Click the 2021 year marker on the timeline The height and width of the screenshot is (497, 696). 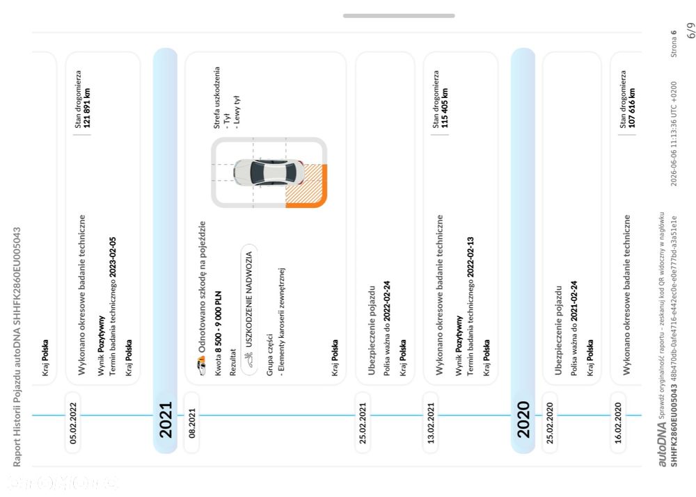pos(166,420)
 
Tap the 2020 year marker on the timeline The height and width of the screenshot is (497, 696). pos(523,420)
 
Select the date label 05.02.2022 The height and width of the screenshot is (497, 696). pos(73,423)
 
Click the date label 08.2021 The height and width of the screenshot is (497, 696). pos(192,423)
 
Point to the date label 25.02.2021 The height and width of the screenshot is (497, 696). pos(363,423)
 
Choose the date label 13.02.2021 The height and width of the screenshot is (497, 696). pos(431,423)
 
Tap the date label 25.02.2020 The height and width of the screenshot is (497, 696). pos(550,423)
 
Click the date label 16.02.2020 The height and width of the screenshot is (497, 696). pos(618,423)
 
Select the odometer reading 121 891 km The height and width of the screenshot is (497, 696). pos(87,108)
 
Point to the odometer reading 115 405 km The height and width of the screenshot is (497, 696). pos(445,108)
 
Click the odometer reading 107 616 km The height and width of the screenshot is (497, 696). pos(632,108)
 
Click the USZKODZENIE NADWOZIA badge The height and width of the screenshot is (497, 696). pos(249,310)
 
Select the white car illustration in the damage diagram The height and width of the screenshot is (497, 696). pos(269,172)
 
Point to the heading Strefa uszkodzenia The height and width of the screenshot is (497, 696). pos(216,97)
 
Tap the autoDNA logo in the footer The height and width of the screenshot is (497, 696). pos(662,444)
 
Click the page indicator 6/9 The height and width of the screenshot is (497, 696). pos(690,30)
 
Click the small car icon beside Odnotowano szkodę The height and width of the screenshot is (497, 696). pos(202,366)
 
